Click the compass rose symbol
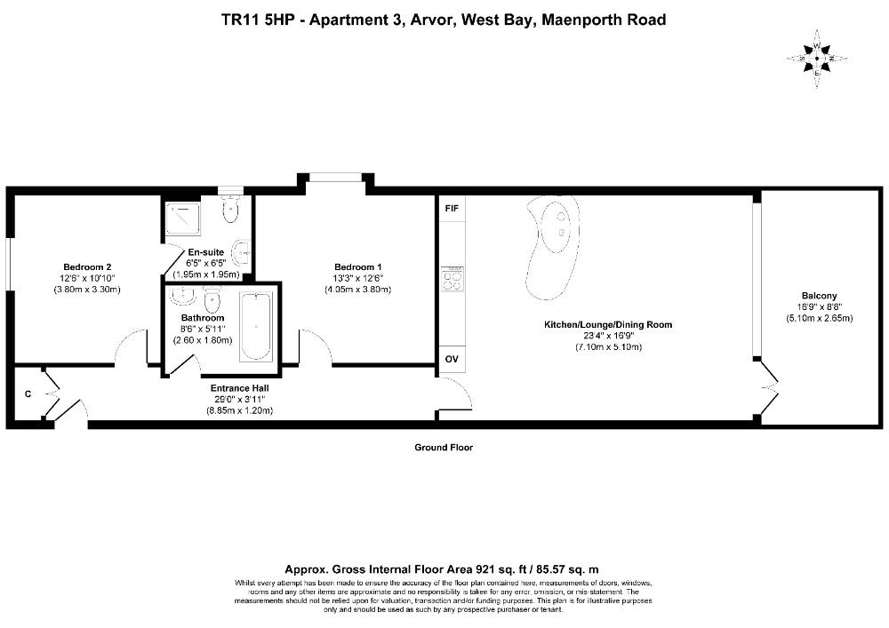click(x=817, y=59)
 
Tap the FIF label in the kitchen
click(x=452, y=209)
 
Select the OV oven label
click(x=452, y=359)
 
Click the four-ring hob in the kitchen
click(x=453, y=279)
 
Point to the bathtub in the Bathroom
click(x=256, y=326)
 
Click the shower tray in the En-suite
click(x=182, y=219)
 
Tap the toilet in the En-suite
click(x=230, y=208)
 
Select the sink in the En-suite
click(x=242, y=252)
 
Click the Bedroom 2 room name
click(x=87, y=267)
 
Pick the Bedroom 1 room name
click(x=357, y=267)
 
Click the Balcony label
click(x=819, y=296)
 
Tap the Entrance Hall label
click(x=239, y=388)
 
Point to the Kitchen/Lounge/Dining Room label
click(x=608, y=325)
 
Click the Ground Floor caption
click(x=444, y=448)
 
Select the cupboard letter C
click(x=28, y=394)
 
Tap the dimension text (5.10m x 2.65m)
click(x=819, y=318)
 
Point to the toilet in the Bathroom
click(x=212, y=299)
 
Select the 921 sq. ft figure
click(x=470, y=569)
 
